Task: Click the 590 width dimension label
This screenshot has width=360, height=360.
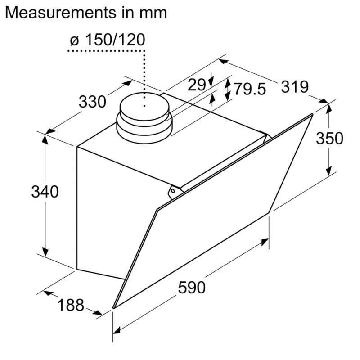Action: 192,287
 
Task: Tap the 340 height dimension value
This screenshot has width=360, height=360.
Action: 45,192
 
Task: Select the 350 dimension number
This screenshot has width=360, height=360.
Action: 329,138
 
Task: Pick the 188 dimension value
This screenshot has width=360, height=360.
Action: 71,305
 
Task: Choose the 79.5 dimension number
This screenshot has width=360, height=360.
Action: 250,89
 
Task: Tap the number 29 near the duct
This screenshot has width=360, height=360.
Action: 197,84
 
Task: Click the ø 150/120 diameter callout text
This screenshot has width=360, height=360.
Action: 108,40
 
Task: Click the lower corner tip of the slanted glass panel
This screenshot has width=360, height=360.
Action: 113,308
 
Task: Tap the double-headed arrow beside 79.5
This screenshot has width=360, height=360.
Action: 228,90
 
